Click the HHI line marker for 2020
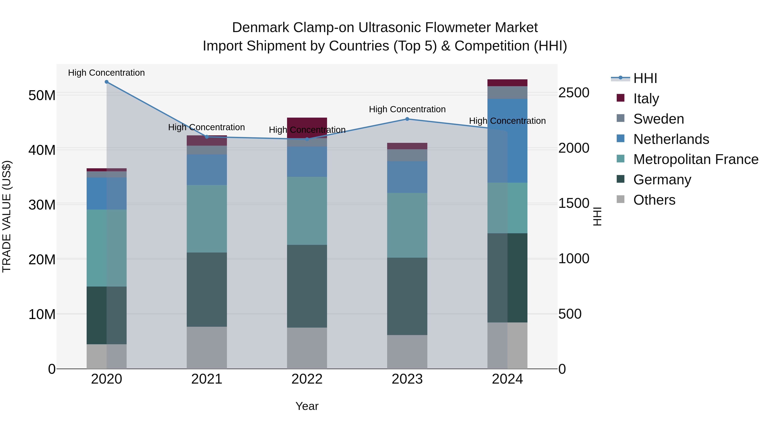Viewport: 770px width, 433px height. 107,82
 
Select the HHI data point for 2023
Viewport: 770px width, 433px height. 407,119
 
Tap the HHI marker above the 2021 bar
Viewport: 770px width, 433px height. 207,137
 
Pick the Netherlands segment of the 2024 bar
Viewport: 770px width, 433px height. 507,140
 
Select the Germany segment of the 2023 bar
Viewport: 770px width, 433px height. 407,296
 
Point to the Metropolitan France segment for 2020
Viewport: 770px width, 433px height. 107,248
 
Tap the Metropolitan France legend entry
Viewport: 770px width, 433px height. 695,159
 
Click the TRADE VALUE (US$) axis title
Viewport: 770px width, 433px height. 7,216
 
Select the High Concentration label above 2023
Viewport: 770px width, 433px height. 407,109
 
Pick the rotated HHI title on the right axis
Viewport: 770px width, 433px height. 597,216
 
